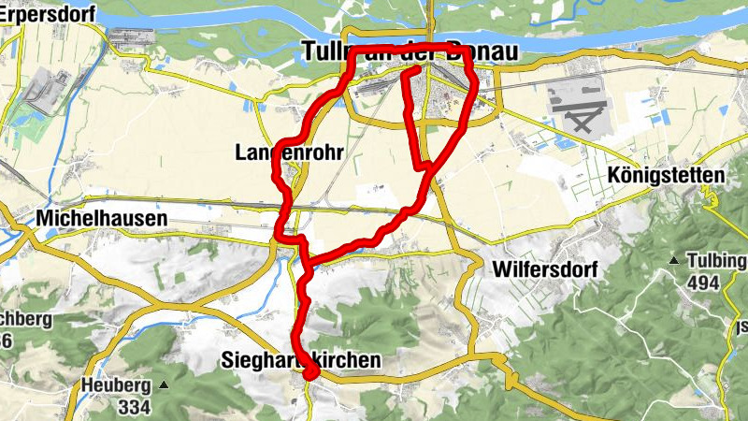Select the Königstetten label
tap(666, 175)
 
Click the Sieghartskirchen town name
tap(302, 360)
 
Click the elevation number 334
tap(135, 407)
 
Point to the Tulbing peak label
tap(717, 260)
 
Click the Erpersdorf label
tap(38, 12)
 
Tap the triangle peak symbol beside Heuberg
tap(164, 385)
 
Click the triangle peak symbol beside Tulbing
tap(672, 259)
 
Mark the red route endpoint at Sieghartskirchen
tap(311, 374)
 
